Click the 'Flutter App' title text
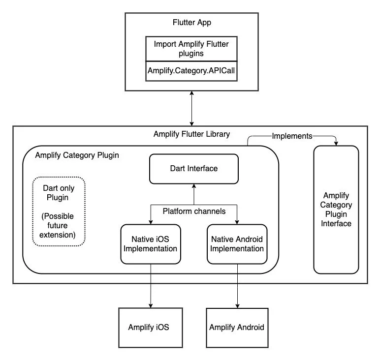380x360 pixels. [191, 23]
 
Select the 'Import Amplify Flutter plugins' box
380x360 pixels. [191, 49]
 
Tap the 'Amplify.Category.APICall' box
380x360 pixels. [191, 71]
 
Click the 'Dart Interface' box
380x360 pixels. [193, 168]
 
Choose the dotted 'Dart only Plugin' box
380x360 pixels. [59, 210]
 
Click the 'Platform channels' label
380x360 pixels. [193, 211]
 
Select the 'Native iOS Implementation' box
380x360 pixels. [150, 243]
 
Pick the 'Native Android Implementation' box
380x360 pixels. [237, 243]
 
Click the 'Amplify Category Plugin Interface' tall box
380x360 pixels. [336, 210]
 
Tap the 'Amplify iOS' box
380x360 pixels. [149, 328]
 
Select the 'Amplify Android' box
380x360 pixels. [237, 328]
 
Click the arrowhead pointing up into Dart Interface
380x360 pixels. [193, 186]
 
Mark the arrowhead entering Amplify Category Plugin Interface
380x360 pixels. [336, 143]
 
